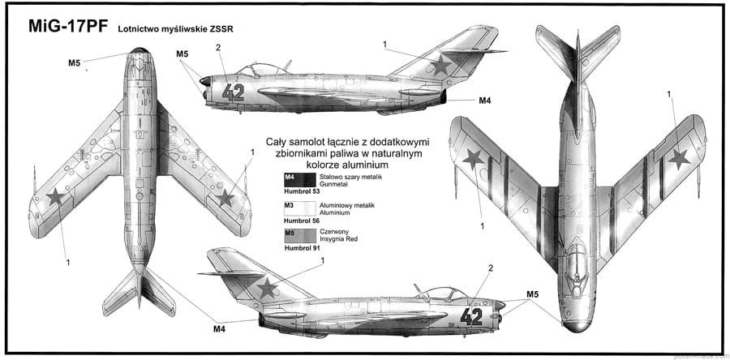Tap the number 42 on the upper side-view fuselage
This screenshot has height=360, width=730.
[x=233, y=92]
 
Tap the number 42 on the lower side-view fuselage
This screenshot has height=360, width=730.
[x=471, y=315]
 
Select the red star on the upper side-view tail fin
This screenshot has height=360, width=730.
[x=440, y=65]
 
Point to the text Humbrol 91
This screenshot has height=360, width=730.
[x=301, y=248]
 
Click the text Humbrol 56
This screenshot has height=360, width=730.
[x=301, y=221]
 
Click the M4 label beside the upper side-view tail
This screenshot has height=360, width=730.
[x=485, y=101]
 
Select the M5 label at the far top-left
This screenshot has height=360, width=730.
[x=74, y=62]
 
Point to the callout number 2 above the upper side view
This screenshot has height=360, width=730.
[x=218, y=47]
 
